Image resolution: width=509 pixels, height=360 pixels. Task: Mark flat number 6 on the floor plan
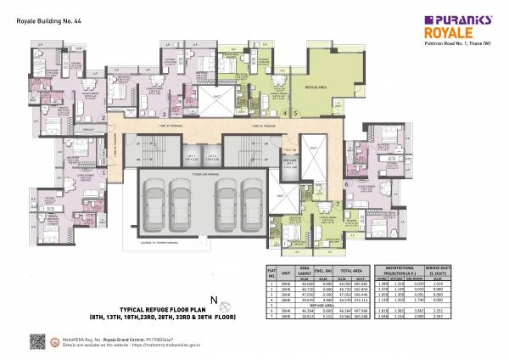(346, 183)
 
